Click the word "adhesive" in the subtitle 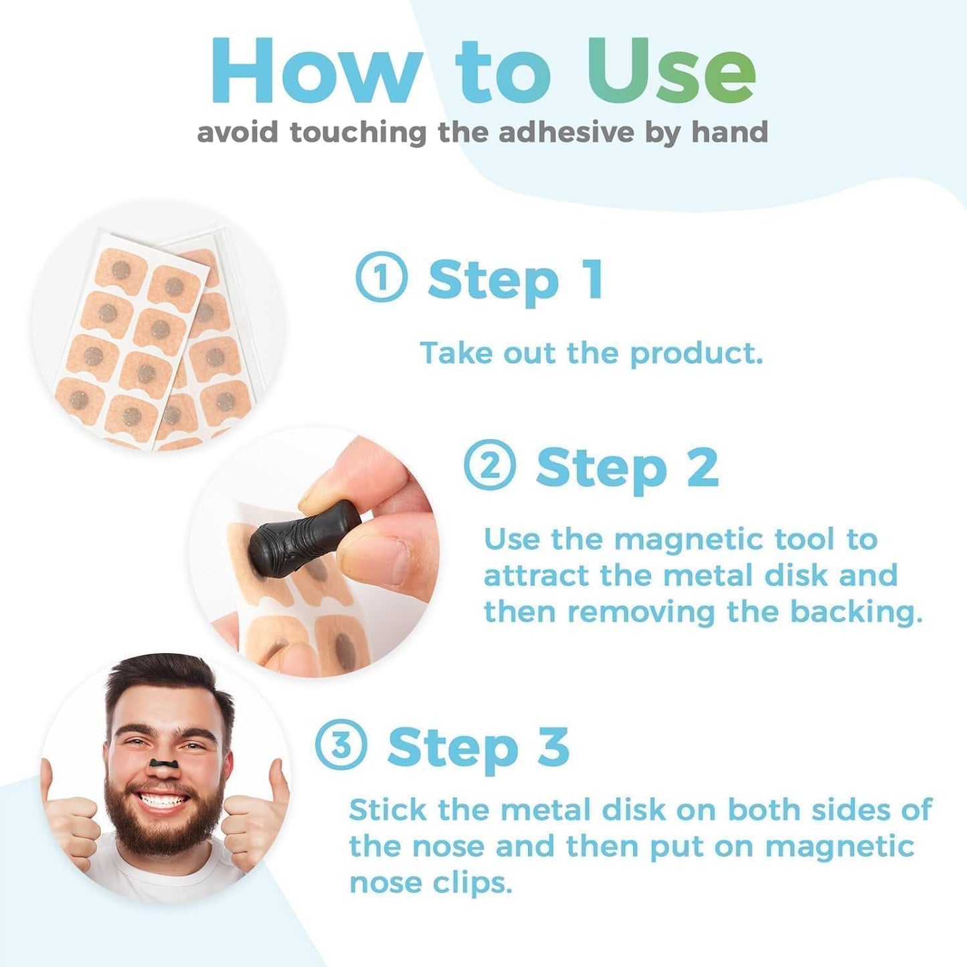point(565,132)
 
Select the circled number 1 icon point(381,278)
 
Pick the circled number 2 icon point(489,465)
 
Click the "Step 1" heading point(515,280)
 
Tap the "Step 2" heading point(627,467)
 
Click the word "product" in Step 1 point(696,353)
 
